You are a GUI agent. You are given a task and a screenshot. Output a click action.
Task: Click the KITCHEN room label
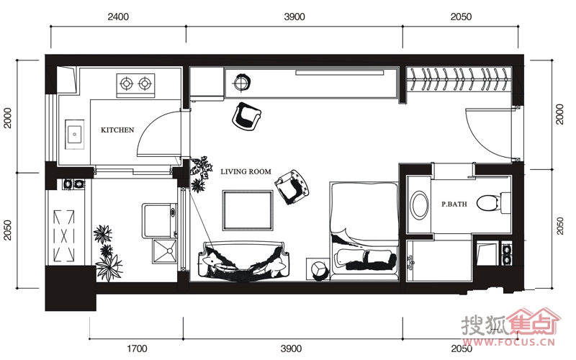[117, 130]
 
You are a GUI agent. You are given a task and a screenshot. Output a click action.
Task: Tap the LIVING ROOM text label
[246, 171]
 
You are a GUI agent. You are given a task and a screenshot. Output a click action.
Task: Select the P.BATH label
[454, 204]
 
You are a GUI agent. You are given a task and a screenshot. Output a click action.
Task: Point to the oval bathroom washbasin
[419, 204]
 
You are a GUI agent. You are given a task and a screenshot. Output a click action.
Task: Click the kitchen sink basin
[75, 135]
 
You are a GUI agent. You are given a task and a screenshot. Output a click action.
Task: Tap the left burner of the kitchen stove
[127, 84]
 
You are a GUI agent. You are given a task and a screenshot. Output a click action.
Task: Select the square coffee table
[248, 210]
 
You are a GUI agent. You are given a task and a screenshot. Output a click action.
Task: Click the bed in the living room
[364, 230]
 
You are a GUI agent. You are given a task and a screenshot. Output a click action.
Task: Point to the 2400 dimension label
[118, 17]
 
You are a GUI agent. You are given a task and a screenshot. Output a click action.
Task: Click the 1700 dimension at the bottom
[137, 348]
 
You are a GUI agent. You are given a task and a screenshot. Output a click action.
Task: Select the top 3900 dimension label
[294, 17]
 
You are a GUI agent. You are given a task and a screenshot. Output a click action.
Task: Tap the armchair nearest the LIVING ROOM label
[293, 186]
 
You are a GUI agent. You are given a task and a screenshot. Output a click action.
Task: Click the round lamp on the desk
[242, 82]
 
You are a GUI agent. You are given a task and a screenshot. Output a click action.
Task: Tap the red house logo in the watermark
[533, 323]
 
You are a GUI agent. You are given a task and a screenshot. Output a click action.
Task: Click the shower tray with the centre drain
[165, 251]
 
